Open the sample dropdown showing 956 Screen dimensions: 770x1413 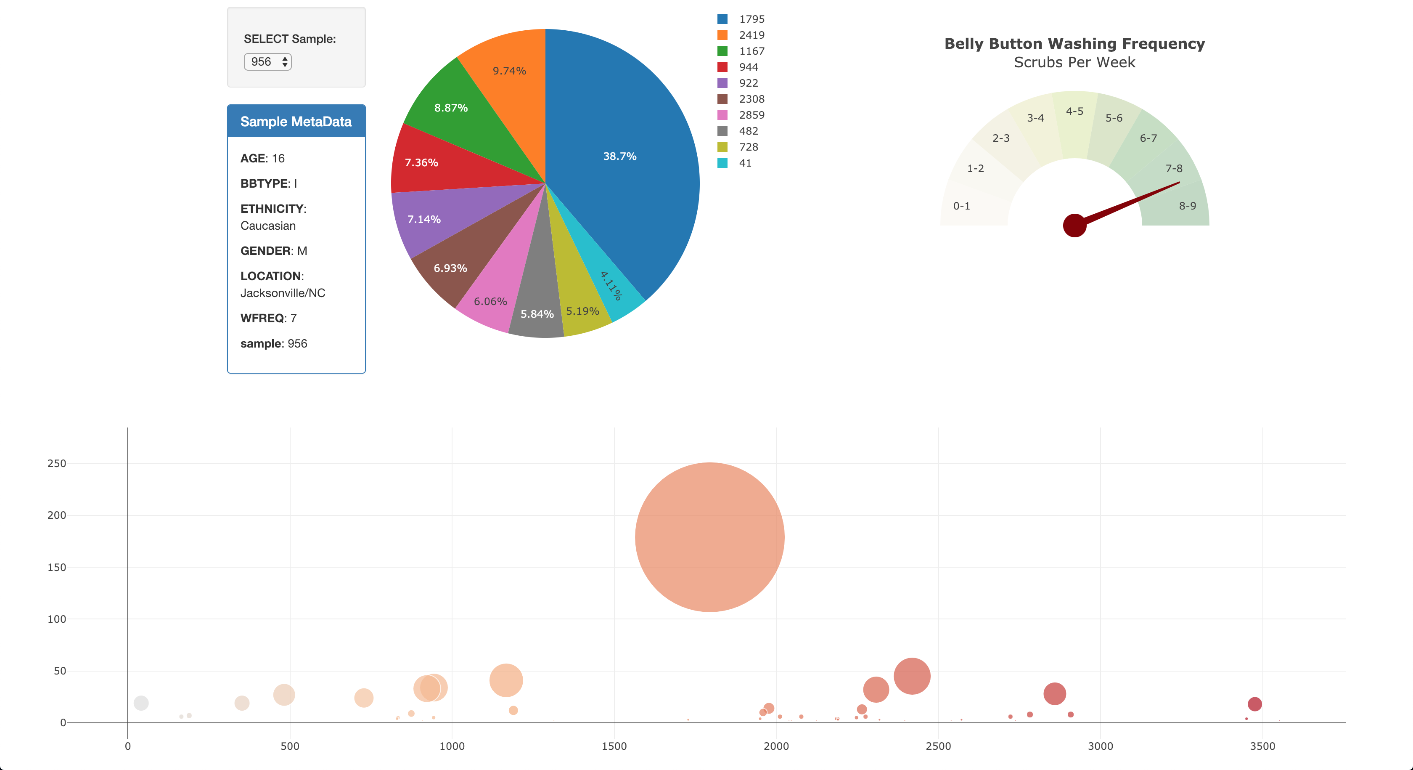click(268, 61)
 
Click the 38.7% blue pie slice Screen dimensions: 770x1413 click(620, 157)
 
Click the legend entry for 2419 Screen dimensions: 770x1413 click(751, 35)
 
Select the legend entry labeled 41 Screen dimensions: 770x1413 click(744, 163)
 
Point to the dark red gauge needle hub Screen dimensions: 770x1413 click(1074, 226)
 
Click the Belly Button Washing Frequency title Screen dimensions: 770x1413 click(1074, 44)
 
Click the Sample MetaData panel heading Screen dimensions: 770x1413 click(296, 121)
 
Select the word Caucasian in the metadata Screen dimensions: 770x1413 click(268, 226)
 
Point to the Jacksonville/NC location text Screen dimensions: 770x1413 click(283, 293)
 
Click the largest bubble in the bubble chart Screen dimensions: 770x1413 click(709, 537)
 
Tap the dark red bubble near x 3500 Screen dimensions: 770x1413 click(1254, 704)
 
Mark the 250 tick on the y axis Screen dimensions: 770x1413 click(56, 463)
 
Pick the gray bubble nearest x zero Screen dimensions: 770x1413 click(141, 703)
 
